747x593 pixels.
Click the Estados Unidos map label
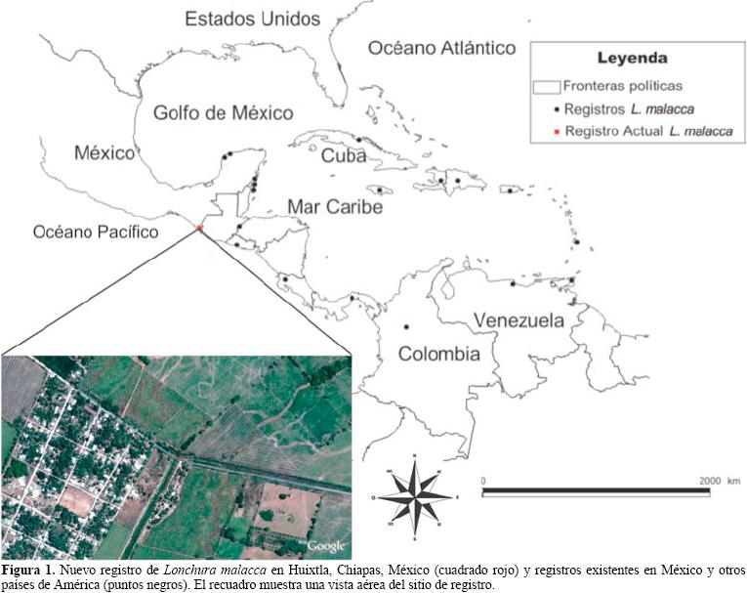[252, 18]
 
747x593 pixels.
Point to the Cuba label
[344, 156]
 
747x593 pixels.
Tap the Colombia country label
[438, 353]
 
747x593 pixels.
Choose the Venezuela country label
[519, 320]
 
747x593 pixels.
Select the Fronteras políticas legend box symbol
[547, 87]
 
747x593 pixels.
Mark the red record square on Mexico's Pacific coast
[199, 228]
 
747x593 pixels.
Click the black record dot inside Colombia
[406, 327]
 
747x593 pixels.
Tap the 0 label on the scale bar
[485, 481]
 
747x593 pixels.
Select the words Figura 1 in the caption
[27, 569]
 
